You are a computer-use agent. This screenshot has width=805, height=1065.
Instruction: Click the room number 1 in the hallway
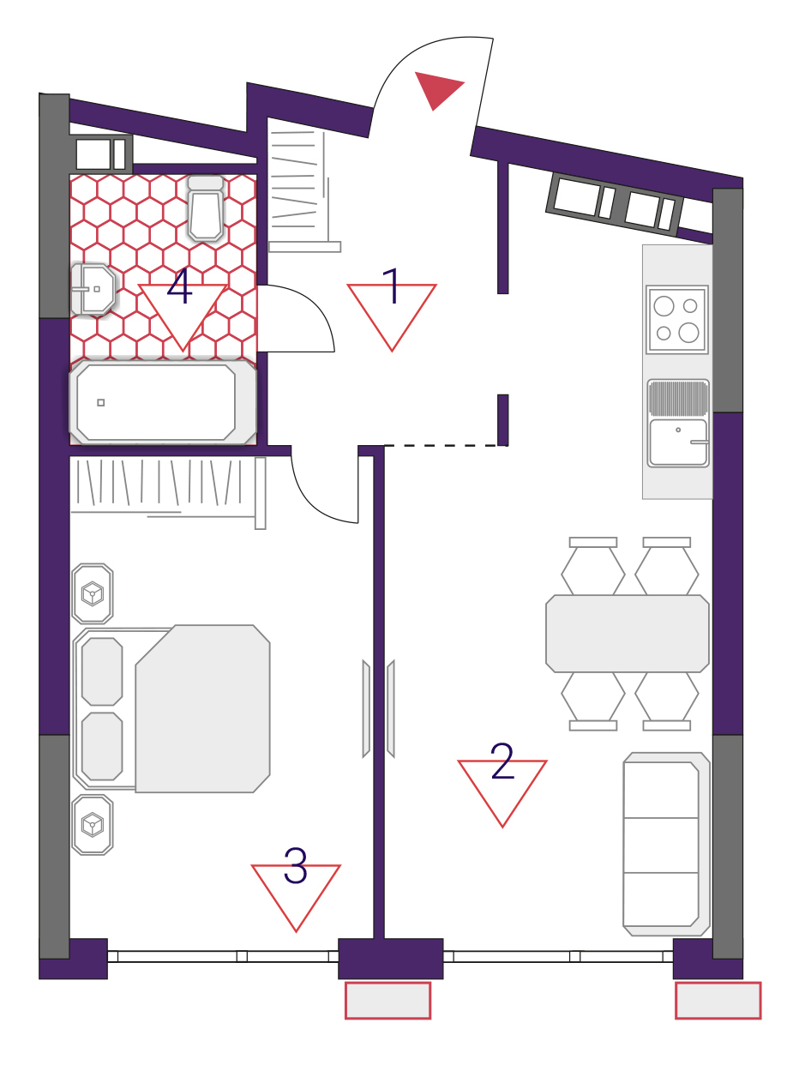391,286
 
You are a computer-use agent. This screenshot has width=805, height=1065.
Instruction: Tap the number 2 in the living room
502,761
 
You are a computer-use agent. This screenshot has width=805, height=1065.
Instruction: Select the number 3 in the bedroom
295,865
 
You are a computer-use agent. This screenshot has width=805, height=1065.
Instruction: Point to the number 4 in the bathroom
179,286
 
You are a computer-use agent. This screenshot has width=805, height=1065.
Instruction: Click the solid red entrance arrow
437,89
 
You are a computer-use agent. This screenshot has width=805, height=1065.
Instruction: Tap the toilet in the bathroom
206,208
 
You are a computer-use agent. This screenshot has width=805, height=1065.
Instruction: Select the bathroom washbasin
93,289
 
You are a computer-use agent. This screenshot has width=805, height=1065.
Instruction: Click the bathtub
162,402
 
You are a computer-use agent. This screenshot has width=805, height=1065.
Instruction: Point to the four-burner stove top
677,319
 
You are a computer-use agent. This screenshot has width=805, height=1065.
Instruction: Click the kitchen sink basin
678,442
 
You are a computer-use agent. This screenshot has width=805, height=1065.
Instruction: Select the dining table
627,633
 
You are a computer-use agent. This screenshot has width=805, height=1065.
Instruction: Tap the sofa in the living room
666,844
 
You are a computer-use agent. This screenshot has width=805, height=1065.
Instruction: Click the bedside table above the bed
92,593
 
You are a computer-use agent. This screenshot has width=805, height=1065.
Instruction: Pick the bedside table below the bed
92,825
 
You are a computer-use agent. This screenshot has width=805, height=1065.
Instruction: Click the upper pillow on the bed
102,671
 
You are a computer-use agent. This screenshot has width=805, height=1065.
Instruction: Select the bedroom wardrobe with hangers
168,492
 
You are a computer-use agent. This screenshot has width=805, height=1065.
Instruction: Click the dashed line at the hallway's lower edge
446,445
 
